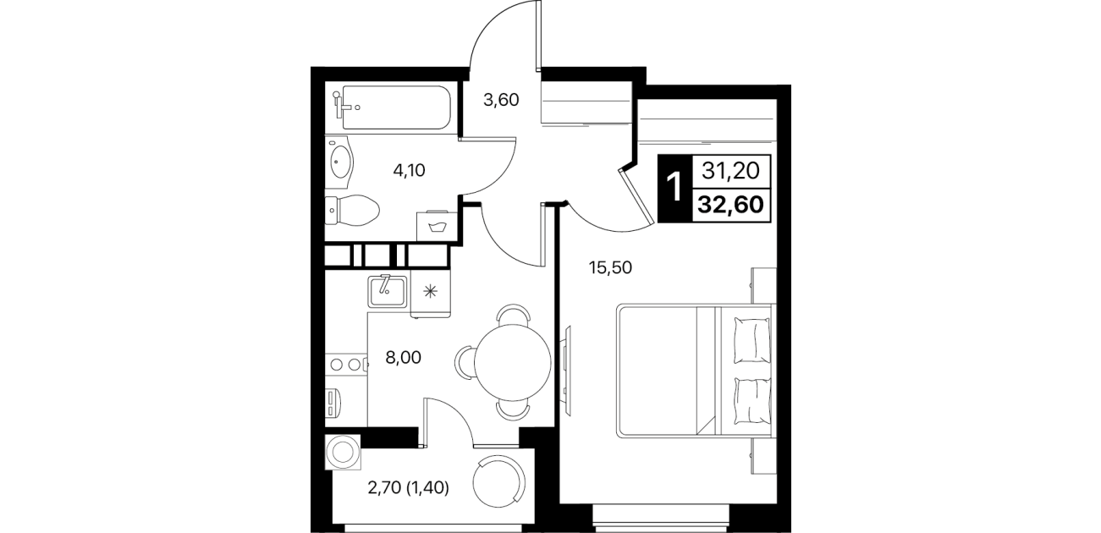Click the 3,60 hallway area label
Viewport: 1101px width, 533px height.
[x=501, y=100]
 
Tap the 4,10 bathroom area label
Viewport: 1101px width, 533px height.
[x=409, y=170]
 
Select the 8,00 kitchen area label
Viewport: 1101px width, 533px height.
[x=403, y=358]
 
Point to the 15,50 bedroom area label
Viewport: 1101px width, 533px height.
[x=610, y=267]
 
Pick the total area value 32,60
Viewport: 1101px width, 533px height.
[x=731, y=205]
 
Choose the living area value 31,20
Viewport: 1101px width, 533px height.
[x=731, y=171]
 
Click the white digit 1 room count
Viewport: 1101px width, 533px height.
[x=674, y=187]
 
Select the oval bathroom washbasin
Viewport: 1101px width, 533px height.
[x=339, y=162]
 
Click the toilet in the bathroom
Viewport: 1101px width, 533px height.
[x=352, y=212]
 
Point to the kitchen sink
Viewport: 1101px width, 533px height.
[x=388, y=291]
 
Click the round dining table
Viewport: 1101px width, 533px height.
[x=513, y=363]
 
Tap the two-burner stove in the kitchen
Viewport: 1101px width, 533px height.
[x=346, y=365]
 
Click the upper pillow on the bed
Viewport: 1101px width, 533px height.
[x=751, y=340]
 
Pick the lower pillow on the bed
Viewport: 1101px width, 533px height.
[x=751, y=400]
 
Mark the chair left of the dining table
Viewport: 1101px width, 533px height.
[x=465, y=363]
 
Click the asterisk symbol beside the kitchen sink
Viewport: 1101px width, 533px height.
[x=430, y=292]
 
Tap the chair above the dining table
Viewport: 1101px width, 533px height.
[x=513, y=315]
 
